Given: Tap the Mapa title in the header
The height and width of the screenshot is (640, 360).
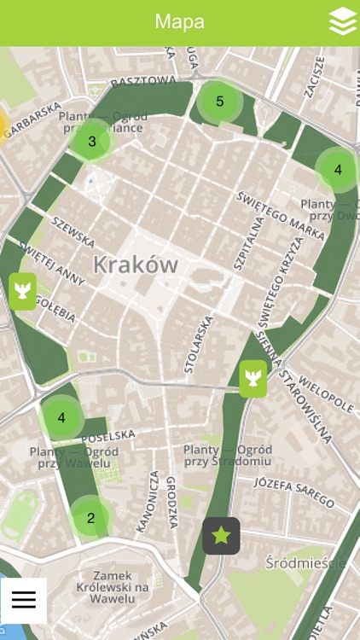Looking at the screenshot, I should [179, 21].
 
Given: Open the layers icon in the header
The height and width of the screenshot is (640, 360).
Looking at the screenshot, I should [342, 23].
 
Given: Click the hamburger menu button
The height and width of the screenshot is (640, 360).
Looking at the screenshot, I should [24, 600].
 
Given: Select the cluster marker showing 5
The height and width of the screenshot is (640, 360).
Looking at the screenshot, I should [219, 102].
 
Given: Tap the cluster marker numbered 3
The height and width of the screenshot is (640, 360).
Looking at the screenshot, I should [92, 142].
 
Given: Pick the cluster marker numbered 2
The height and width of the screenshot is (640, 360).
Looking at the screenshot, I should [90, 517].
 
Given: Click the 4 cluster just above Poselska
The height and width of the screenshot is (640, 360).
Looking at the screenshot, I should [61, 418].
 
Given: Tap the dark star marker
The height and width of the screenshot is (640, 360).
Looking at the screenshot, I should [221, 536].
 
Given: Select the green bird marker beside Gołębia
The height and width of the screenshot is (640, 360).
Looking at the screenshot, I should [23, 291].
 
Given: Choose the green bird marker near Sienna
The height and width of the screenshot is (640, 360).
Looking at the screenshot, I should [253, 379].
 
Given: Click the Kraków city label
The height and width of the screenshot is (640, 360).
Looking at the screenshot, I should [136, 264].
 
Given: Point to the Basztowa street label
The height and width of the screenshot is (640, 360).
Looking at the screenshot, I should [142, 82].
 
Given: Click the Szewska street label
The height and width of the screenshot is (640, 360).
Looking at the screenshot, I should [73, 230].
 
